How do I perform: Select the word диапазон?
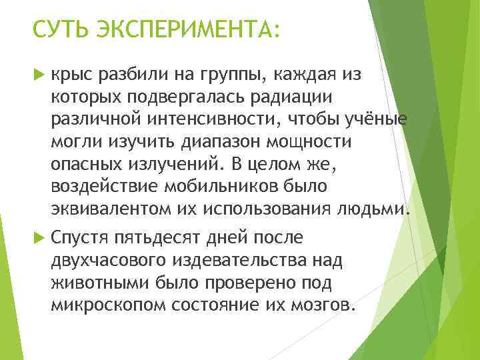(x=213, y=141)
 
